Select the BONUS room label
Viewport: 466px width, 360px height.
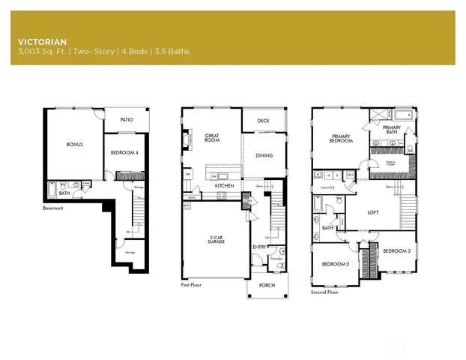(x=74, y=144)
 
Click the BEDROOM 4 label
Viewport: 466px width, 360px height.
(x=122, y=152)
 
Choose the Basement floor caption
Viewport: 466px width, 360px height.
(x=53, y=208)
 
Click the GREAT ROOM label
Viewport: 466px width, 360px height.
(x=211, y=138)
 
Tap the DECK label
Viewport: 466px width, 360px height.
(x=263, y=120)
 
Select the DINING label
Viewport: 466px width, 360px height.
(x=264, y=156)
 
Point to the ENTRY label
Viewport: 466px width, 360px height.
(x=259, y=246)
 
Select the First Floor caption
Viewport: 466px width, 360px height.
(x=192, y=285)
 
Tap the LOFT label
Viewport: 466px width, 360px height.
(x=372, y=212)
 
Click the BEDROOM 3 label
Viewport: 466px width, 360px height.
(x=396, y=251)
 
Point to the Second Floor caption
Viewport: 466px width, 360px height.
(x=324, y=292)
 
